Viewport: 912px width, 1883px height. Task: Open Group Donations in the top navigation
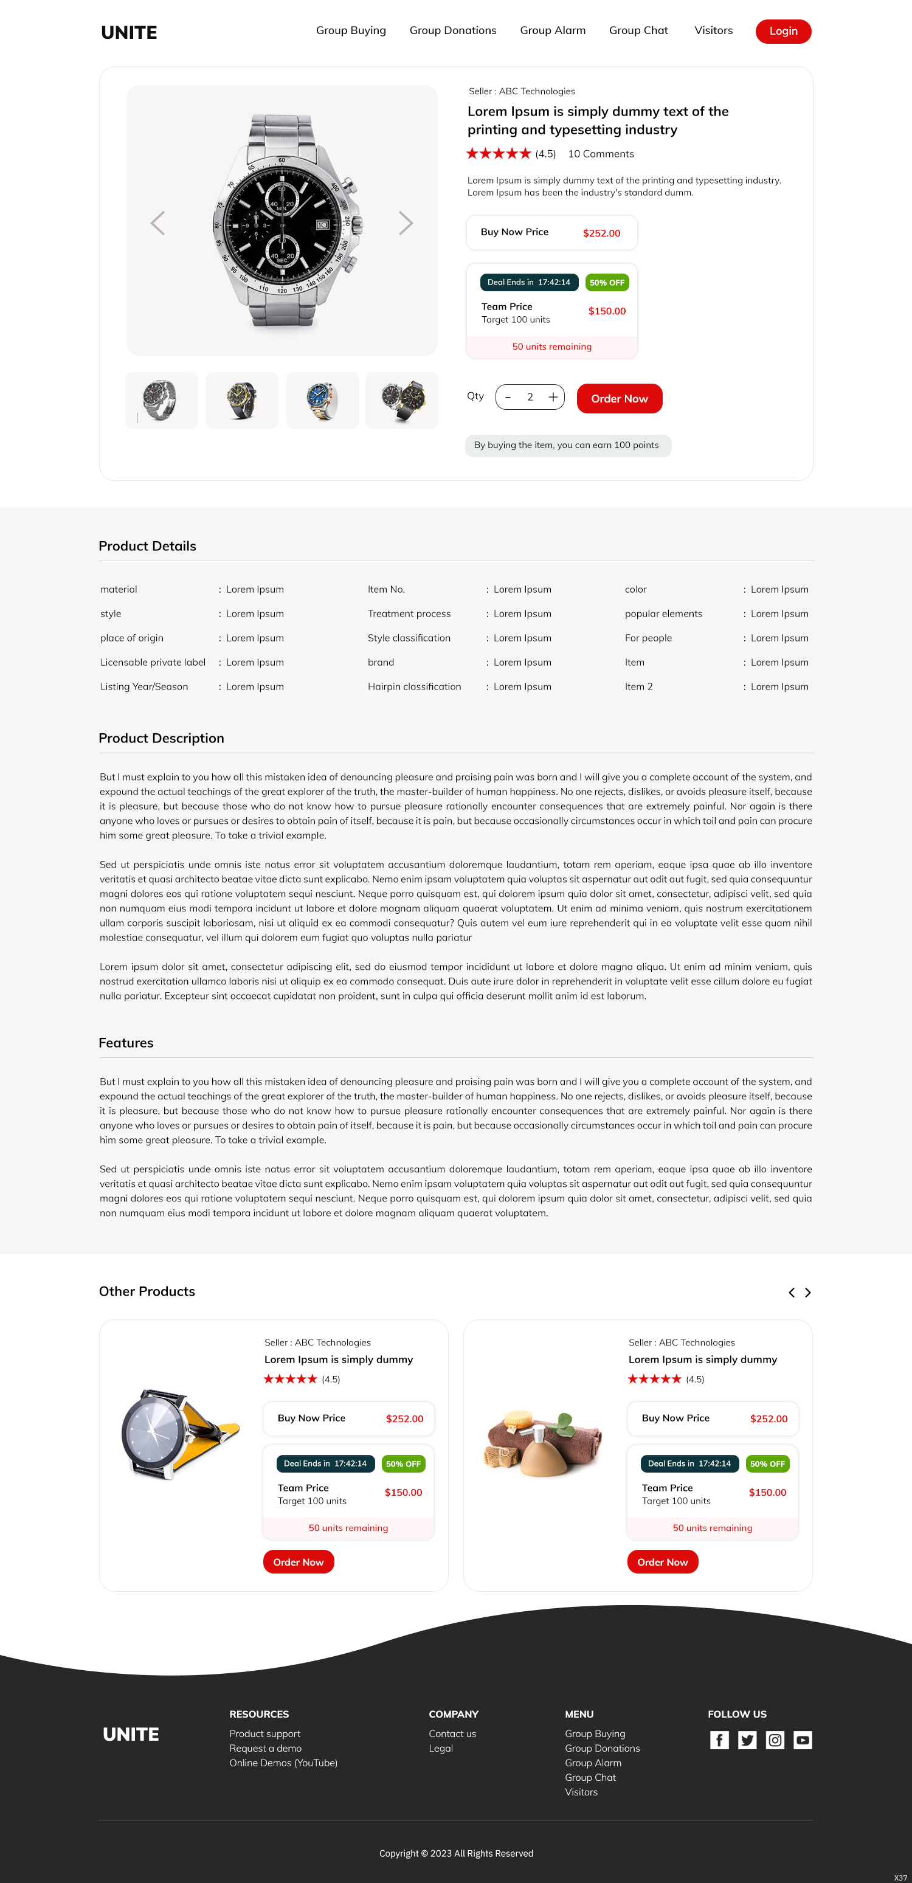[x=452, y=30]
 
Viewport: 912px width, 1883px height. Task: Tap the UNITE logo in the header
[x=130, y=33]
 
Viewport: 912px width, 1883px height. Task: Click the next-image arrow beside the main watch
[x=406, y=223]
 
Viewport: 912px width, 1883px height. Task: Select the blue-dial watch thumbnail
[x=322, y=401]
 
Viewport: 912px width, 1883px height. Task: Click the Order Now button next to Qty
[x=619, y=398]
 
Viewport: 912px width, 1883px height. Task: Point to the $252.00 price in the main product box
[x=601, y=233]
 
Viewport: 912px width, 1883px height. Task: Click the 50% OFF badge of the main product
[x=607, y=283]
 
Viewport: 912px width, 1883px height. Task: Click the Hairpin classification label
[x=414, y=687]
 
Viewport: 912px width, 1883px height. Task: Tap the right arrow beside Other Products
[x=807, y=1293]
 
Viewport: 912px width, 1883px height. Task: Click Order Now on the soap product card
[x=662, y=1562]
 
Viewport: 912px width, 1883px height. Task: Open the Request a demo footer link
[x=265, y=1749]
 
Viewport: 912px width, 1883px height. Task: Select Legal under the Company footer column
[x=441, y=1749]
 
